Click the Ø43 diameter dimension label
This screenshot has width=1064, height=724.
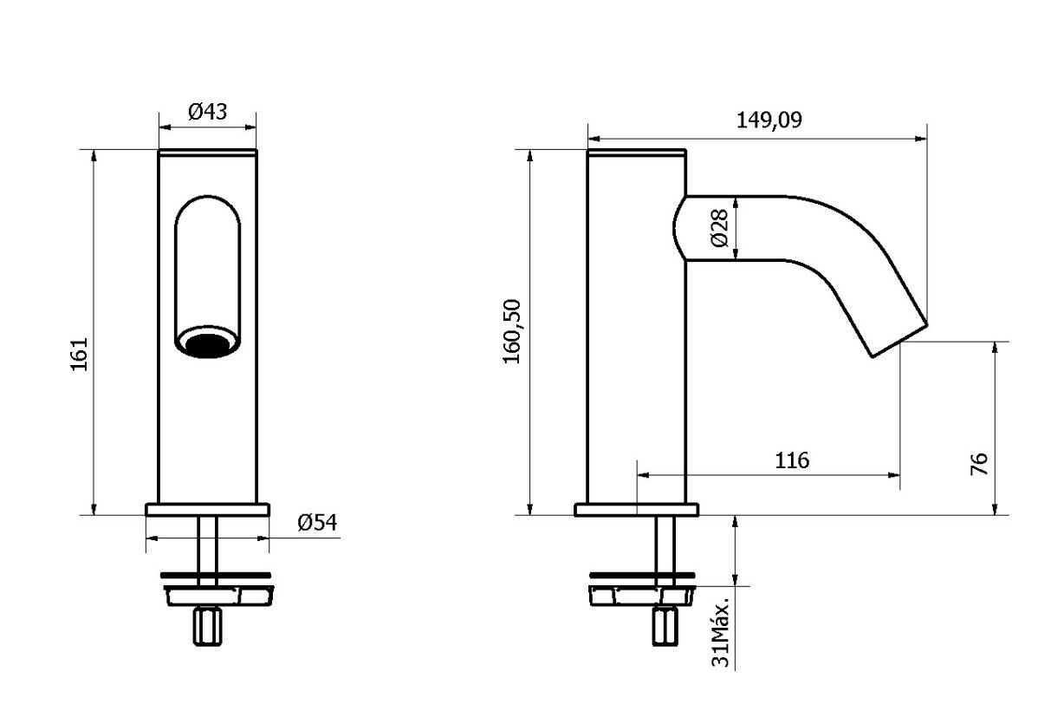coord(207,112)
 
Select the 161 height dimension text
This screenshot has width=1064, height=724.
coord(80,354)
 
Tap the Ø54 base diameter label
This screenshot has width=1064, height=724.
coord(316,522)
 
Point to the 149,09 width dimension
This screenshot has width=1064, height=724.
coord(769,120)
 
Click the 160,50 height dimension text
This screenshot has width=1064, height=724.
coord(512,331)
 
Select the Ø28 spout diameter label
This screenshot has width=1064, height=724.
coord(718,228)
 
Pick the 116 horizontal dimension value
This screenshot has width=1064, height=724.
coord(791,460)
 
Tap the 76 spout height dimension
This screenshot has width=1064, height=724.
coord(979,464)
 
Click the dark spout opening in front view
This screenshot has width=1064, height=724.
coord(207,344)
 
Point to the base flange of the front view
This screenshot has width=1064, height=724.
coord(207,510)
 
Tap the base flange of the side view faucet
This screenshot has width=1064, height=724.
coord(636,510)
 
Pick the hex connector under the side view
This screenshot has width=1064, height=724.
coord(665,626)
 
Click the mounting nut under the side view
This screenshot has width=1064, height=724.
coord(641,595)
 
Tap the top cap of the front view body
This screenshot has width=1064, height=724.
coord(207,153)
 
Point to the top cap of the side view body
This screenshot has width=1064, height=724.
coord(636,153)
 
